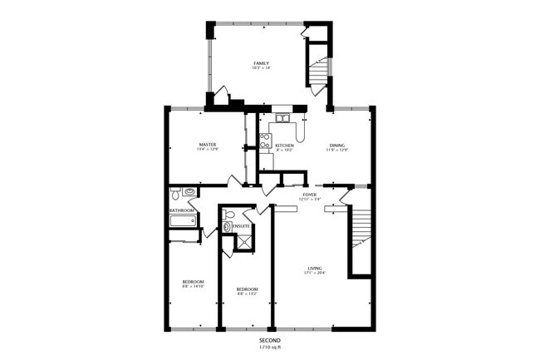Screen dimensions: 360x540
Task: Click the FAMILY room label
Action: point(261,63)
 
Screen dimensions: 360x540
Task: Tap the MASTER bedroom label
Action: point(208,145)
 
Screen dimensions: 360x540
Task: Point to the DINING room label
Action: point(337,145)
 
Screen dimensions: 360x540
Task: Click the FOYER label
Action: point(309,195)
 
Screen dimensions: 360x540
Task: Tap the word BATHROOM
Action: point(183,210)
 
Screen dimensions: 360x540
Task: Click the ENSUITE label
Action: point(242,226)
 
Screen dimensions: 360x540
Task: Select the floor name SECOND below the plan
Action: point(269,341)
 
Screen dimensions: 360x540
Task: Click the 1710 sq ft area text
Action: point(269,348)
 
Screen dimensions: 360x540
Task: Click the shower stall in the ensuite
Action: point(244,241)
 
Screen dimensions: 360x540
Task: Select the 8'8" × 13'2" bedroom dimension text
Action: point(247,293)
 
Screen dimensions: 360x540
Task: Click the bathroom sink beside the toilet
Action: point(189,192)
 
